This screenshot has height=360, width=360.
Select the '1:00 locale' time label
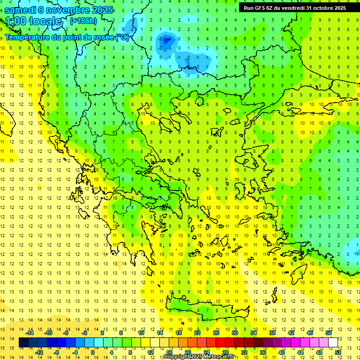point(33,21)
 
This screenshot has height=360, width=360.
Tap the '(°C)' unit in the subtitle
point(122,37)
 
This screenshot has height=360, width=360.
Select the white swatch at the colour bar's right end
point(333,343)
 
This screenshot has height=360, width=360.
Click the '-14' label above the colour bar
point(30,333)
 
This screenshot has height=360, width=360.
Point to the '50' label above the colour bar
point(328,333)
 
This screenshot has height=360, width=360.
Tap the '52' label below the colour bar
point(337,352)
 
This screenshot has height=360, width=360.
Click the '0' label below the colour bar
point(93,352)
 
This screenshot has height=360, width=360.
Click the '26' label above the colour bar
point(216,333)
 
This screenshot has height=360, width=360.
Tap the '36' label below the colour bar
point(262,352)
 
